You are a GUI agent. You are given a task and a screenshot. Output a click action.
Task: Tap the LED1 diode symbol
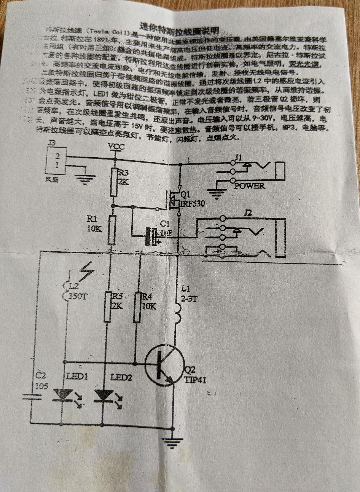(62, 395)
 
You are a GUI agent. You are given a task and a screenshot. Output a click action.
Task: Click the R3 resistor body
(113, 182)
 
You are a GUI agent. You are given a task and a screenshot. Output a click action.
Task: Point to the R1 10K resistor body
(111, 230)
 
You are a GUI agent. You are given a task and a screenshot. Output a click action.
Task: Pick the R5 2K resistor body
(108, 307)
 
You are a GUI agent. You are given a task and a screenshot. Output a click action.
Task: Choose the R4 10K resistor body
(138, 307)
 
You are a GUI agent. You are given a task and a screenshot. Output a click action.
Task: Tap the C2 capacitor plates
(31, 397)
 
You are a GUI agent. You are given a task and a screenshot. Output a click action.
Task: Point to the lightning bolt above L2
(88, 272)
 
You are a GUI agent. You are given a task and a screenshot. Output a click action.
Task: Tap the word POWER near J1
(250, 186)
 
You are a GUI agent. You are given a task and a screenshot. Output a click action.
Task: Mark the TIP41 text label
(195, 379)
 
